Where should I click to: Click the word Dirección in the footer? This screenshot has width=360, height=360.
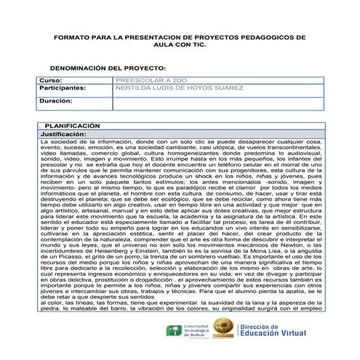pyautogui.click(x=279, y=327)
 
